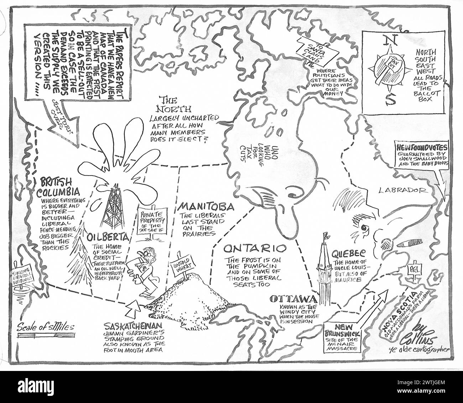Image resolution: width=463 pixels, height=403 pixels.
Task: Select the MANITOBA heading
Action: click(207, 206)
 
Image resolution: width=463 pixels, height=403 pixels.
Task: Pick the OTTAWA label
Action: click(293, 299)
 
